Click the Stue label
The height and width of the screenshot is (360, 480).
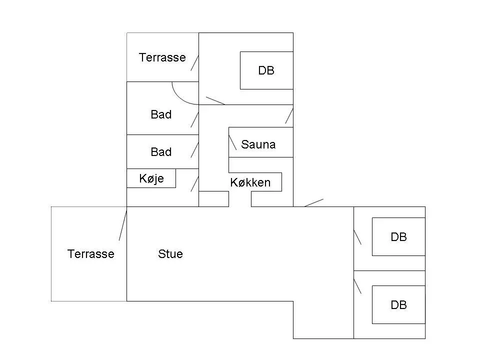(x=170, y=254)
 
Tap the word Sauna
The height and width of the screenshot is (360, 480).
(x=258, y=144)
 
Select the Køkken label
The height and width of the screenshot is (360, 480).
(x=250, y=182)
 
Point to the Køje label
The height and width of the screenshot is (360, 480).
(x=151, y=178)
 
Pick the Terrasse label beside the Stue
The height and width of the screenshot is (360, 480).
(x=91, y=254)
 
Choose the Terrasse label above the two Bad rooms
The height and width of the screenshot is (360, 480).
(x=162, y=57)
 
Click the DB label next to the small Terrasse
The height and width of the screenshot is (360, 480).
(x=266, y=70)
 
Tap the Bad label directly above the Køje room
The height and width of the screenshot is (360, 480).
(x=161, y=152)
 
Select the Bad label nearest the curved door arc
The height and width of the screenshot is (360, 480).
(x=161, y=114)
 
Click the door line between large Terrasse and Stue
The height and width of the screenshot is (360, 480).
(x=123, y=224)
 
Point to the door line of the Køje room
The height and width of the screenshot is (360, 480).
(x=194, y=184)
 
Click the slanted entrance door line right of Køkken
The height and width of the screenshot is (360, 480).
(x=314, y=202)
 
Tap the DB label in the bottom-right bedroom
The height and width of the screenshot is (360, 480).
(x=398, y=305)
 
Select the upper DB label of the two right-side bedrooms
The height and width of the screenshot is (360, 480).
(x=398, y=237)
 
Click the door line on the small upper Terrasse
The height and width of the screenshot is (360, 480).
(x=194, y=63)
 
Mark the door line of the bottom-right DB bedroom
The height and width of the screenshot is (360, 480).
(x=357, y=286)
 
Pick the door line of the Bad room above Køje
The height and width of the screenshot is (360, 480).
(x=194, y=150)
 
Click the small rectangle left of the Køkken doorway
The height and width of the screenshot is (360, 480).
(x=213, y=199)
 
